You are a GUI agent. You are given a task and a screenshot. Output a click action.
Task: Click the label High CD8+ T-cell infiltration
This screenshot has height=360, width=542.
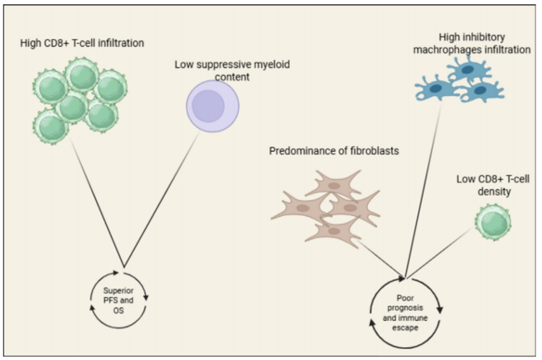tap(82, 43)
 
